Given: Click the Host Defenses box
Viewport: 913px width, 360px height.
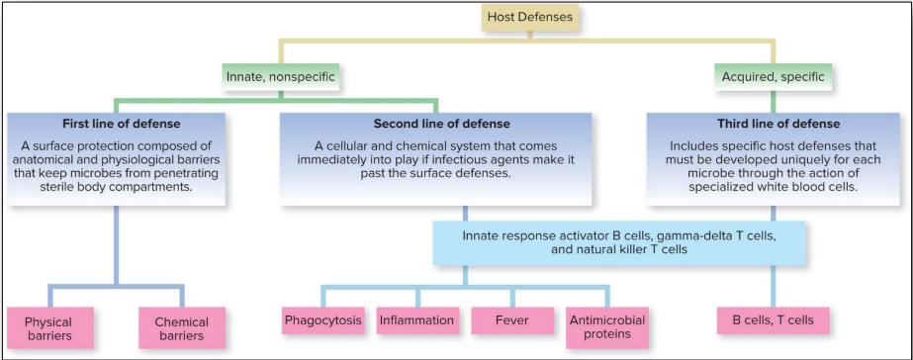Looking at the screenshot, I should click(529, 16).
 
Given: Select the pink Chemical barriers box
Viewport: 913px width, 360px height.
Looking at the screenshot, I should click(181, 328).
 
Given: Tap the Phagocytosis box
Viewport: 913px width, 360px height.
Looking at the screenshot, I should click(322, 320).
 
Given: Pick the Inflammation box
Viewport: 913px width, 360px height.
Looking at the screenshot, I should click(416, 320).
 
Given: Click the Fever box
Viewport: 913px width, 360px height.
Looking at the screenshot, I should click(511, 320).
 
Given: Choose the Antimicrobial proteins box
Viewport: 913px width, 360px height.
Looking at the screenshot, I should click(606, 326).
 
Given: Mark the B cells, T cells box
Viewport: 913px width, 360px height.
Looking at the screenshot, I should click(773, 320).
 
